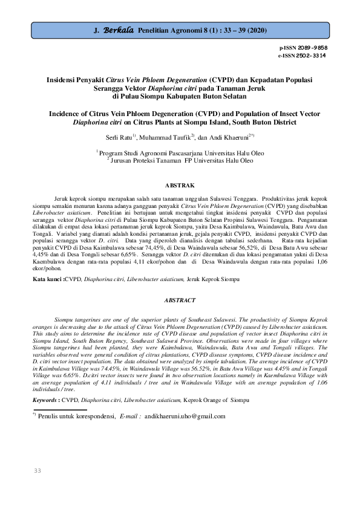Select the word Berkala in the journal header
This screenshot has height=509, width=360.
pyautogui.click(x=119, y=29)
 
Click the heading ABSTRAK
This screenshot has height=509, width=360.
pyautogui.click(x=180, y=184)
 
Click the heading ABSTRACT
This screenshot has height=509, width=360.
pyautogui.click(x=180, y=300)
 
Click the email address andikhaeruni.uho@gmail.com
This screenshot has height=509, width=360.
pyautogui.click(x=185, y=416)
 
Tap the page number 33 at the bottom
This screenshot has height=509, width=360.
pyautogui.click(x=37, y=470)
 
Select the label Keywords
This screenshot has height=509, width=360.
pyautogui.click(x=46, y=400)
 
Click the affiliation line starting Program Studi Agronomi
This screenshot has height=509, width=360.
pyautogui.click(x=182, y=154)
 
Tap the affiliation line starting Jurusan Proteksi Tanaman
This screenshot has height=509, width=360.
pyautogui.click(x=182, y=161)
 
